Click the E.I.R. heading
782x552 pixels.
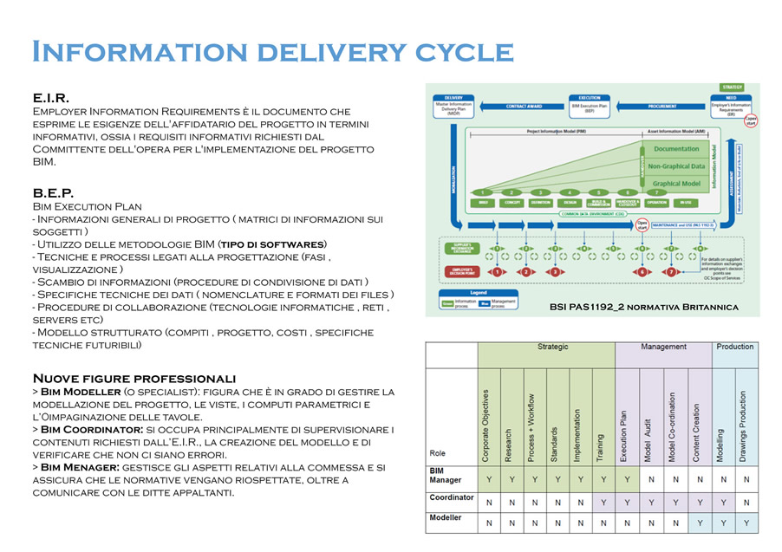tap(50, 99)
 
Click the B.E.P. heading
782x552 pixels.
tap(52, 193)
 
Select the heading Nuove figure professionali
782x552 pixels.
tap(134, 379)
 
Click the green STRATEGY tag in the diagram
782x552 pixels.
tap(733, 87)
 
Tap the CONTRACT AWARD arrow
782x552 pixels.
tap(525, 107)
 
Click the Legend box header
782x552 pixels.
tap(478, 293)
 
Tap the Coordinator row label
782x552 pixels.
tap(452, 498)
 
